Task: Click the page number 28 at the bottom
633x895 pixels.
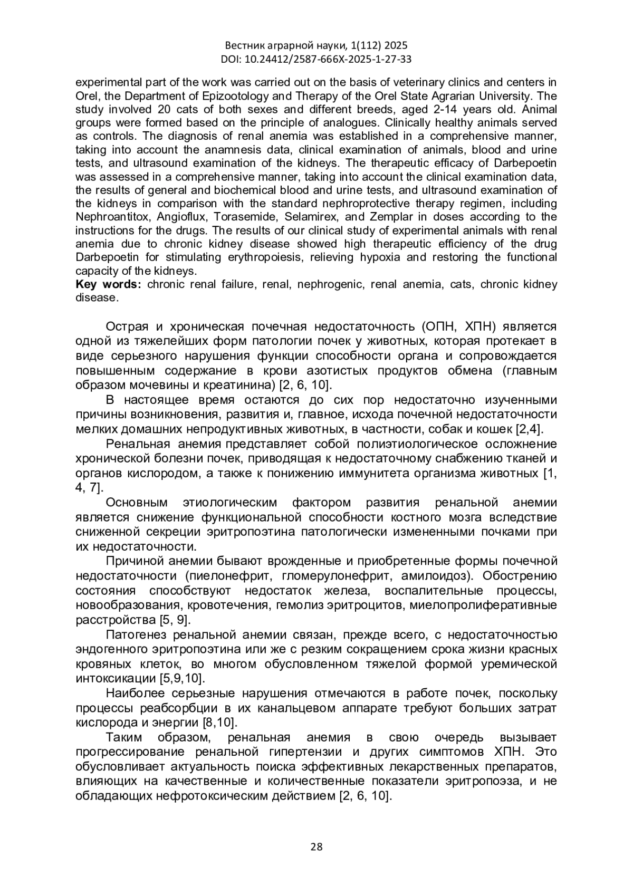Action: click(316, 847)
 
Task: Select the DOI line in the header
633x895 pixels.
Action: click(316, 59)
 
